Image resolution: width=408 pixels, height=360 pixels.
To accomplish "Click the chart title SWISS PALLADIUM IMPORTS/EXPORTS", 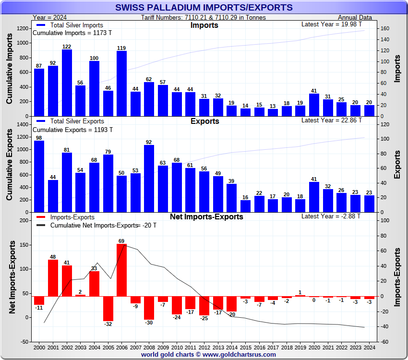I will pos(204,7).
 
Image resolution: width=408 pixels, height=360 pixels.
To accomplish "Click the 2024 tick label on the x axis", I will pos(369,347).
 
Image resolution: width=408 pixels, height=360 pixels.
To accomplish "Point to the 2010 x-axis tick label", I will pos(177,347).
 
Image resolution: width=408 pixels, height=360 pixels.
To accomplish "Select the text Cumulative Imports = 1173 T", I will pos(72,33).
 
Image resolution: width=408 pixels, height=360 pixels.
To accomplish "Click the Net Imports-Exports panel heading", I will pos(206,217).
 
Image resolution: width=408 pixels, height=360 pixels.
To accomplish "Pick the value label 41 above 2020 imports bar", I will pos(314,91).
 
